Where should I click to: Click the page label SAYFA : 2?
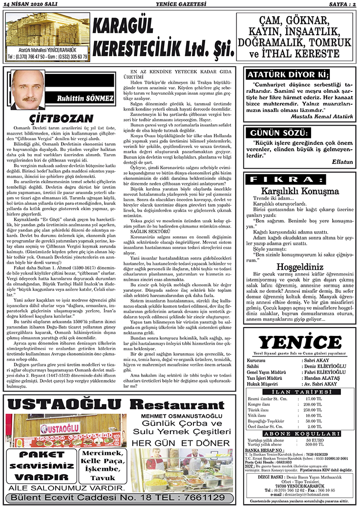pyautogui.click(x=340, y=4)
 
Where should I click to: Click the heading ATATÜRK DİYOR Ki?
pyautogui.click(x=288, y=75)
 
